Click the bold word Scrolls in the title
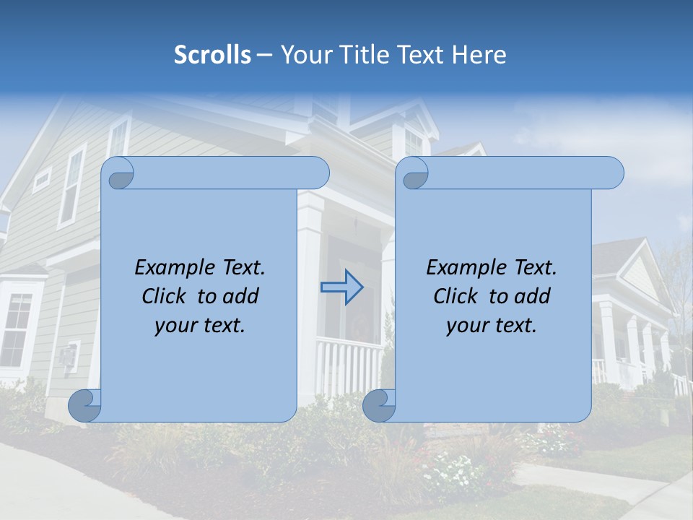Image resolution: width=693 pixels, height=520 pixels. click(x=212, y=54)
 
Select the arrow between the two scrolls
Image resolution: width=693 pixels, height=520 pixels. click(x=341, y=287)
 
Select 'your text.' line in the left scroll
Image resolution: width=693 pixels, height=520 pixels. click(x=199, y=325)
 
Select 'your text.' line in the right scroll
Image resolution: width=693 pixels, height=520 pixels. click(x=491, y=325)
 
